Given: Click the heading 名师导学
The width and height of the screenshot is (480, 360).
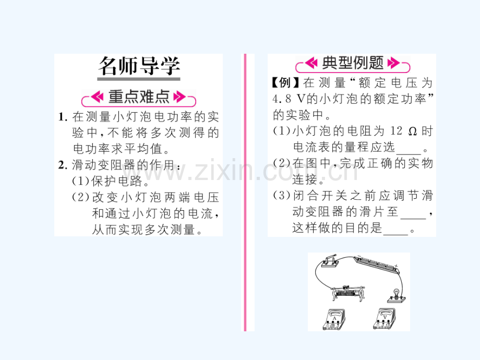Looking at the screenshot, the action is click(x=139, y=66).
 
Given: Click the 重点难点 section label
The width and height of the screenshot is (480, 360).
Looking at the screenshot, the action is click(x=139, y=97).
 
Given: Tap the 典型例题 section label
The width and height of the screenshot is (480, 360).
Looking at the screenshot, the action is click(x=353, y=63).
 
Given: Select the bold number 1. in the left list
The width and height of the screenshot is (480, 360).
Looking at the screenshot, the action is click(x=63, y=117).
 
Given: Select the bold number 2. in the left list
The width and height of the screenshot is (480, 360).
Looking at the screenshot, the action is click(x=63, y=165).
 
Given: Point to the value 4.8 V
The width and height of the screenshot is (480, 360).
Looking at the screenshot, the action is click(x=289, y=99).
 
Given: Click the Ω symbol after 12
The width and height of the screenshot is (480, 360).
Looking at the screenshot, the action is click(x=413, y=131).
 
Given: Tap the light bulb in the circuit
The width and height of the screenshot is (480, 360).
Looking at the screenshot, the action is click(x=397, y=295).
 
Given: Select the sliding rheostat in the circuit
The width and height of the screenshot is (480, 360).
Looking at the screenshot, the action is click(x=349, y=293).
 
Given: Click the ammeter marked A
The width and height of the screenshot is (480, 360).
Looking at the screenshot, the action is click(x=334, y=319).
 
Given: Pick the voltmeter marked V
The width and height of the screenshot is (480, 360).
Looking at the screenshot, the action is click(x=385, y=319).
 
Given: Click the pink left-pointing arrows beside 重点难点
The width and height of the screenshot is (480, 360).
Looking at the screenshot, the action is click(x=98, y=97).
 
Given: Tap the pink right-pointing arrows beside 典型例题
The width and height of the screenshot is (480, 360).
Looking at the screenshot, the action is click(x=394, y=63).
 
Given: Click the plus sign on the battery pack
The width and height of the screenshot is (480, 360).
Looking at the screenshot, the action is click(x=396, y=266).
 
